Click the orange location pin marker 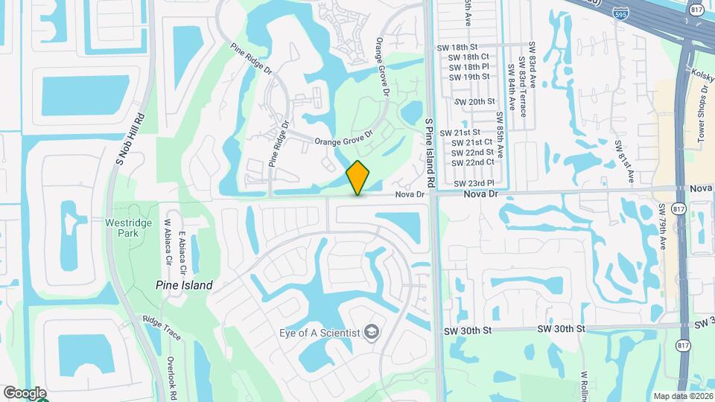(358, 177)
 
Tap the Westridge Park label (128, 228)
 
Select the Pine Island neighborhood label (184, 285)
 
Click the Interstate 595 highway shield (620, 13)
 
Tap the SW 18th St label (468, 46)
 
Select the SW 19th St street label (469, 77)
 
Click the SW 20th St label (474, 101)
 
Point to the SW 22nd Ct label (474, 162)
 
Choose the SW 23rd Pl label (474, 183)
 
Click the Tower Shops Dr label (702, 105)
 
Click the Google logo (25, 393)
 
